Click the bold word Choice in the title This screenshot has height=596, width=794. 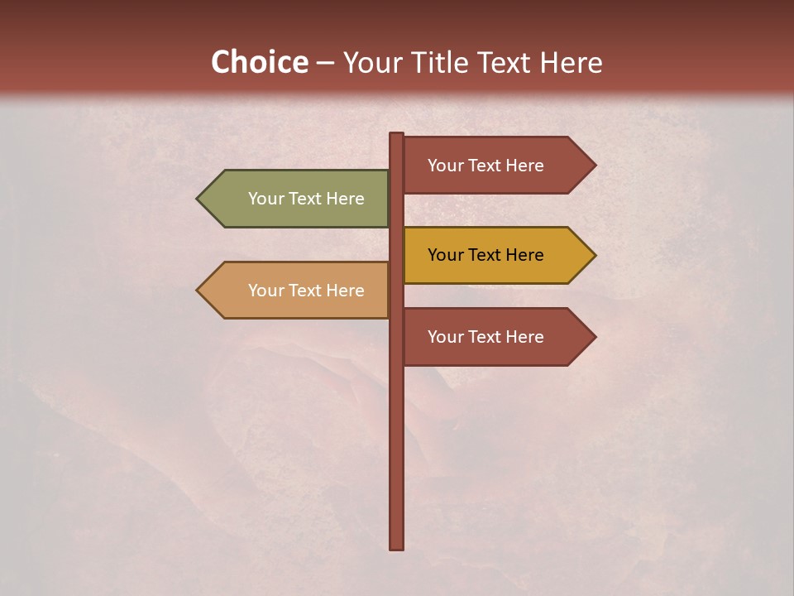coord(259,62)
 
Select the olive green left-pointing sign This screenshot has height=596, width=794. coord(298,199)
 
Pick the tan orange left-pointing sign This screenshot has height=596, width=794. coord(298,291)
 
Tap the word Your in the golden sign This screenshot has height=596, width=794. coord(445,255)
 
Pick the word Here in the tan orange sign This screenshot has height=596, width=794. coord(344,291)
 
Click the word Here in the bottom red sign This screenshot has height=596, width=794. coord(524,337)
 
